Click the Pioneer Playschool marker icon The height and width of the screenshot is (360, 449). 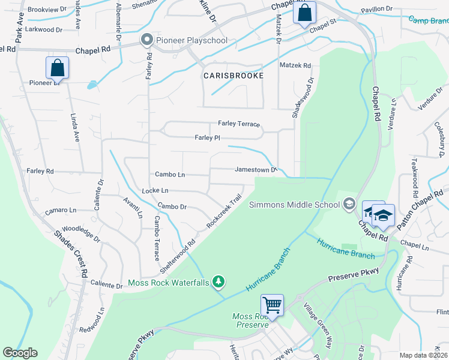146,40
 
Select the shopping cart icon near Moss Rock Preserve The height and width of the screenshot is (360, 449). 273,305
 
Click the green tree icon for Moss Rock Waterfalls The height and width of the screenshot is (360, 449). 220,281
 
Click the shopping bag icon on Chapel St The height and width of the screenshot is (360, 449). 304,12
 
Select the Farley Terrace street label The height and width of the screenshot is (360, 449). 238,124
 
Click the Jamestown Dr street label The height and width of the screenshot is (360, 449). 255,170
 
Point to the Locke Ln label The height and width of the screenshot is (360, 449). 155,190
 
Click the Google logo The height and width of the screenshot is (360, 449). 20,353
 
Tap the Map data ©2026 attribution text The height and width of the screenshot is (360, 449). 423,355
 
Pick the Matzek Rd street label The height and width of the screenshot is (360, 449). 295,65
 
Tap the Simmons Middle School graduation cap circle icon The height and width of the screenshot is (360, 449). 349,205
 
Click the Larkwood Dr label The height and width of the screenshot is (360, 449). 41,29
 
